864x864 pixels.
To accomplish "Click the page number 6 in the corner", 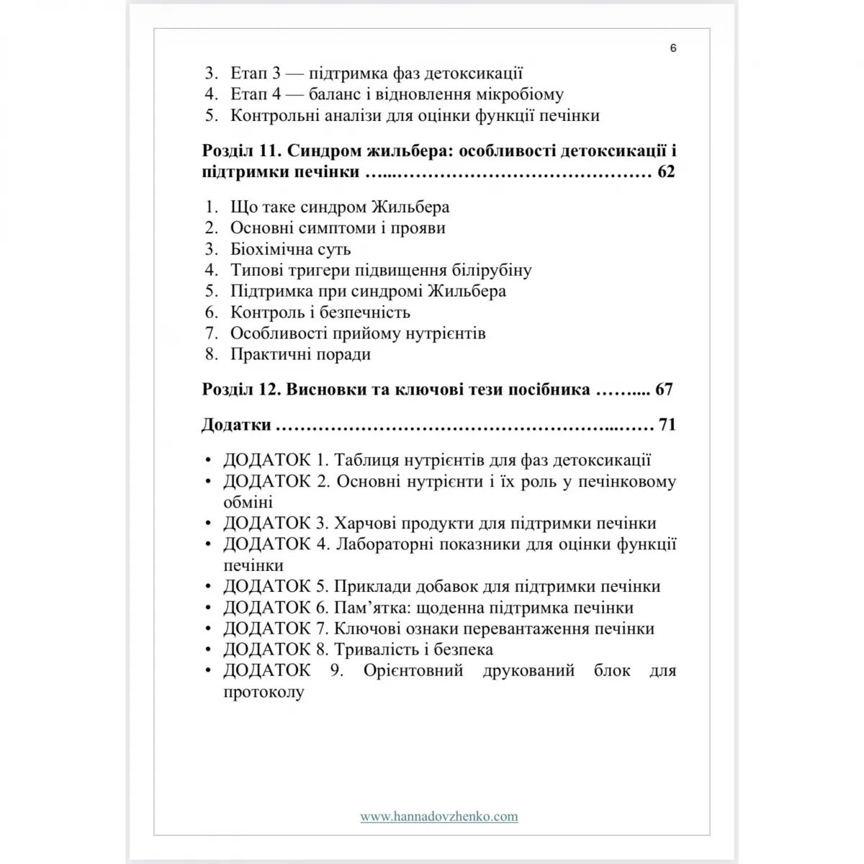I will click(673, 48).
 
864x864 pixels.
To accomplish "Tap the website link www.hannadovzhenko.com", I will click(439, 816).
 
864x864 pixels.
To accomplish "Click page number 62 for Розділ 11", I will click(666, 173).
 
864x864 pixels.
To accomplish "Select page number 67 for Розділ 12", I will click(664, 390).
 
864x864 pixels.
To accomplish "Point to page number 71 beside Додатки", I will click(667, 425).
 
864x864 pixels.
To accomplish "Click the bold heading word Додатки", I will click(236, 425).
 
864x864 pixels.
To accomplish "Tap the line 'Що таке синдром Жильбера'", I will click(340, 207).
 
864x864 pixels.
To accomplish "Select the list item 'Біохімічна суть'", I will click(290, 249).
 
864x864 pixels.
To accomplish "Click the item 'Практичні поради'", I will click(300, 354).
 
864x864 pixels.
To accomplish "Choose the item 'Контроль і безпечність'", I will click(320, 312).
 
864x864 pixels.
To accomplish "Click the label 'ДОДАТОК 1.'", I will click(276, 460).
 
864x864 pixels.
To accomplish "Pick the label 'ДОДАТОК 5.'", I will click(276, 586).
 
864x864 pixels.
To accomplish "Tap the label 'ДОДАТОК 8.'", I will click(276, 649).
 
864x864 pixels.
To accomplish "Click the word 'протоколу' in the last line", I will click(264, 692).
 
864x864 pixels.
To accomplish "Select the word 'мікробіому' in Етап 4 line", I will click(520, 94).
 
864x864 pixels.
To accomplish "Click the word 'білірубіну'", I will click(492, 271).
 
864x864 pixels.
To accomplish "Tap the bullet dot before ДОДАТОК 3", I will click(208, 524).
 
